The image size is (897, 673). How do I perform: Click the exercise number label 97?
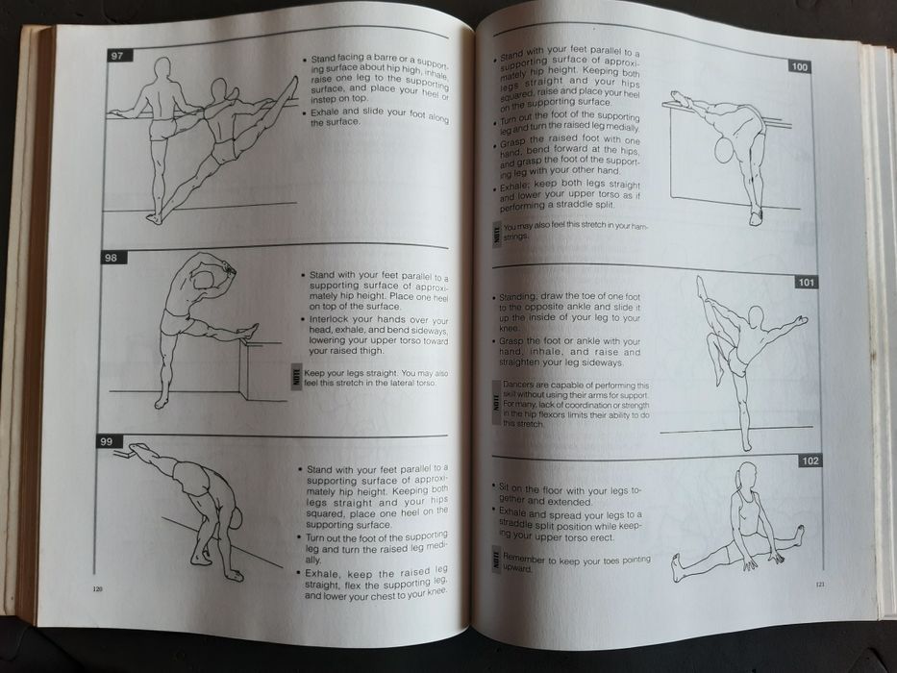pyautogui.click(x=117, y=56)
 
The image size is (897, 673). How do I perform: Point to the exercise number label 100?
pyautogui.click(x=800, y=66)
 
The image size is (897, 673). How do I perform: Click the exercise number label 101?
pyautogui.click(x=806, y=283)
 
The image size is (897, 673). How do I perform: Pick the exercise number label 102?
pyautogui.click(x=810, y=461)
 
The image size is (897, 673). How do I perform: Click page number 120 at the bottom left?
pyautogui.click(x=97, y=587)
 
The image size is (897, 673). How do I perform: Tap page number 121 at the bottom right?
pyautogui.click(x=820, y=584)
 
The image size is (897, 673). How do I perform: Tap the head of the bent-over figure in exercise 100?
pyautogui.click(x=723, y=150)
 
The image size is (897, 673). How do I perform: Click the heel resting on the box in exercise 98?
pyautogui.click(x=252, y=330)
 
